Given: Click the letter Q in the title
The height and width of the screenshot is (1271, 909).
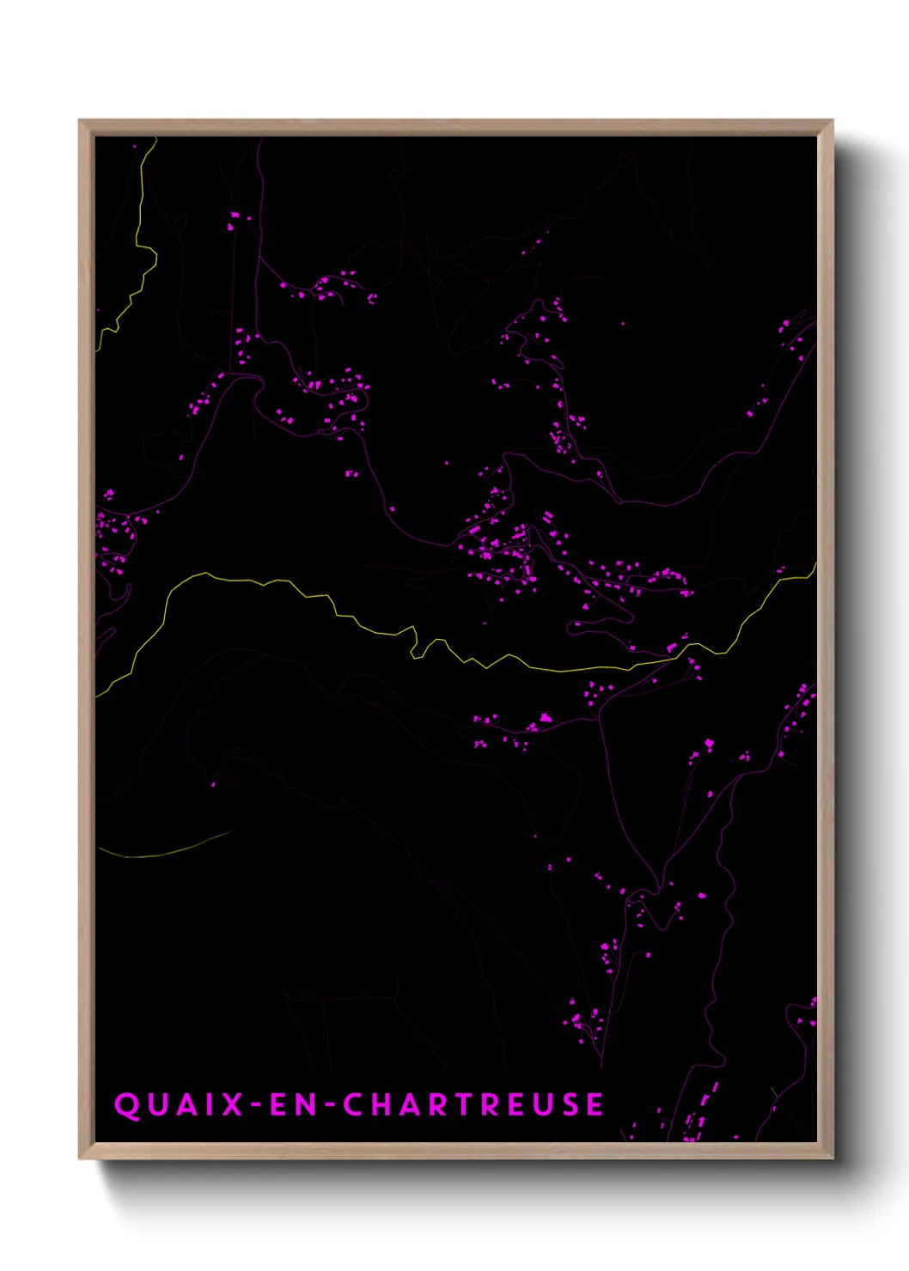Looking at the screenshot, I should click(126, 1104).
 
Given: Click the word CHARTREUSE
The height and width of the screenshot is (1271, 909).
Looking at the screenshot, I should click(474, 1104).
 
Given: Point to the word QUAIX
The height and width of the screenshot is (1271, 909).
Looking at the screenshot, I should click(180, 1104).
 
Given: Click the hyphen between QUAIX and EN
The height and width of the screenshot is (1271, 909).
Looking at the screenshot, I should click(256, 1105).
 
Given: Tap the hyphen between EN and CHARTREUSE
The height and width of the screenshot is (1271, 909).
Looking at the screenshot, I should click(329, 1105).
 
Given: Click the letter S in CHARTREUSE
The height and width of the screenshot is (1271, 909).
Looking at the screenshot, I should click(570, 1104).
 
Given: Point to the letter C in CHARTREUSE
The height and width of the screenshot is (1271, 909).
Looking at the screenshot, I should click(354, 1104).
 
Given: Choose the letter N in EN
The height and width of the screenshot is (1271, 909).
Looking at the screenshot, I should click(308, 1104).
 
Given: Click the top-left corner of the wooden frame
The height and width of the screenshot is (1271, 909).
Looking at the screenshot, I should click(80, 121).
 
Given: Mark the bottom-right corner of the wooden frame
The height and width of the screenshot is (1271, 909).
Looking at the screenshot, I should click(832, 1158).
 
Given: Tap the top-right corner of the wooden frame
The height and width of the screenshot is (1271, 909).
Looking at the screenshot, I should click(832, 121).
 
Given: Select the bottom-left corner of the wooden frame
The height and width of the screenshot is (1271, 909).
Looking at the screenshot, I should click(80, 1158).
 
